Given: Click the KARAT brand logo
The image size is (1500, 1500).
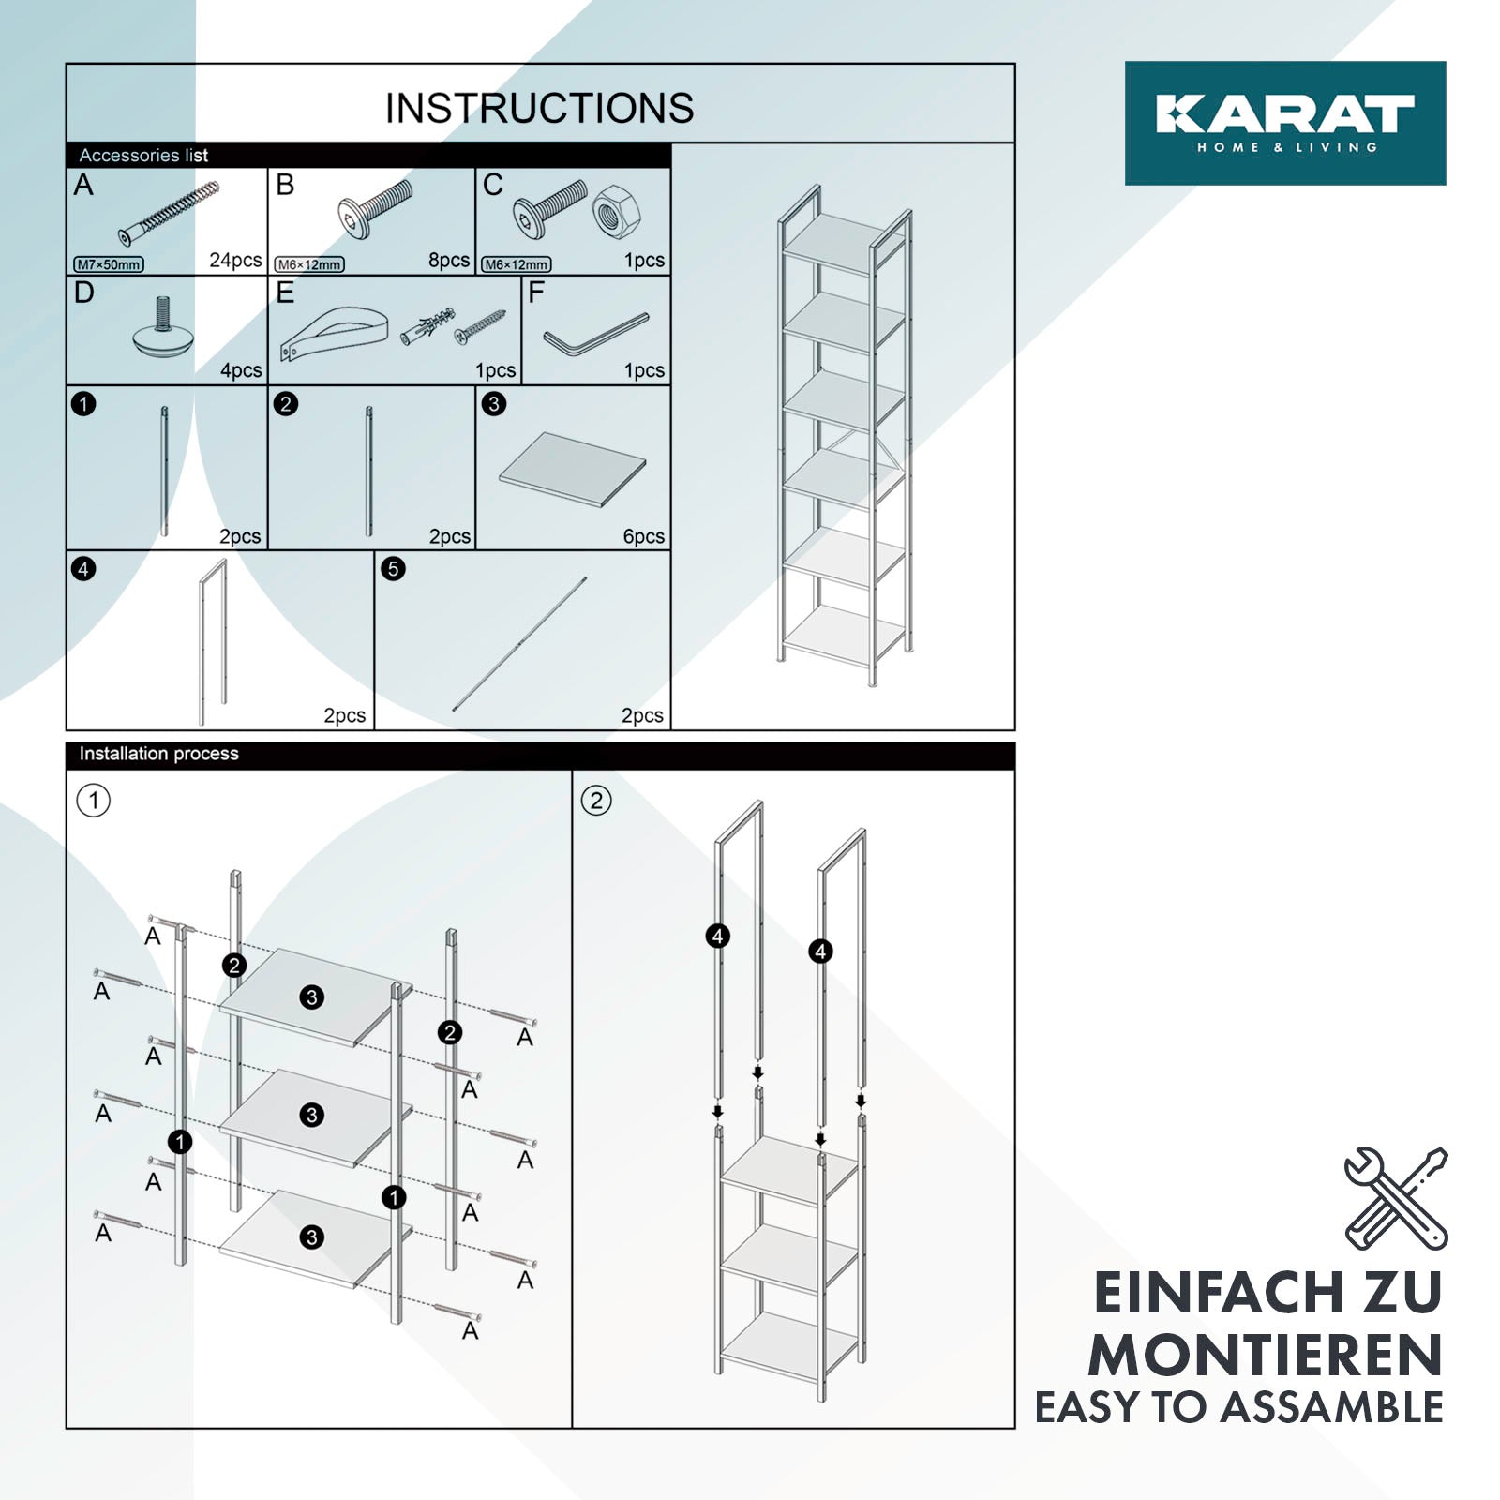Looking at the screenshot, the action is click(x=1285, y=123).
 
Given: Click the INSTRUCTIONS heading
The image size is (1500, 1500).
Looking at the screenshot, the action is click(x=540, y=108).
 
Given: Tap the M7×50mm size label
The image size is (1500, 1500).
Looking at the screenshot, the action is click(x=109, y=264).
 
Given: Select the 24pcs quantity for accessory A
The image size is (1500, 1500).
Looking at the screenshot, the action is click(x=235, y=261).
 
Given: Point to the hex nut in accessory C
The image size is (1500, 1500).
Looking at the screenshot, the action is click(x=616, y=211).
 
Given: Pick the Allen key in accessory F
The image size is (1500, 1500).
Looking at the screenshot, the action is click(x=595, y=334).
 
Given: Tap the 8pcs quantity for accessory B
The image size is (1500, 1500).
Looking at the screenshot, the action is click(x=449, y=261).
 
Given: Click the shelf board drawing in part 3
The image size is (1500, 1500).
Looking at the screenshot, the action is click(x=573, y=469).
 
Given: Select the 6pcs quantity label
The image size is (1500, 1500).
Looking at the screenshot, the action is click(x=644, y=536).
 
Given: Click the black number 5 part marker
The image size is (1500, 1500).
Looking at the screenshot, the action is click(x=394, y=569).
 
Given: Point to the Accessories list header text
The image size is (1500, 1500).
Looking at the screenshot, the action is click(x=143, y=156).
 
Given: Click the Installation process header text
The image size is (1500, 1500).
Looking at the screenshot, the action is click(x=159, y=754).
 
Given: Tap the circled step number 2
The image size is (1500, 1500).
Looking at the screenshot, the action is click(x=596, y=801).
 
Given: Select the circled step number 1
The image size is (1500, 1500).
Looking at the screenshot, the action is click(x=94, y=801).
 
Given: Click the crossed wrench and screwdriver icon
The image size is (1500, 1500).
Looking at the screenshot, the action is click(x=1396, y=1198).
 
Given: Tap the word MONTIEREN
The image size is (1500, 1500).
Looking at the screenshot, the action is click(x=1266, y=1356).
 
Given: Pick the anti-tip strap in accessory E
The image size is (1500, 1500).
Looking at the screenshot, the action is click(x=334, y=334).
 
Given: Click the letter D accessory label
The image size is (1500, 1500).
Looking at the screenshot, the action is click(x=84, y=292).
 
